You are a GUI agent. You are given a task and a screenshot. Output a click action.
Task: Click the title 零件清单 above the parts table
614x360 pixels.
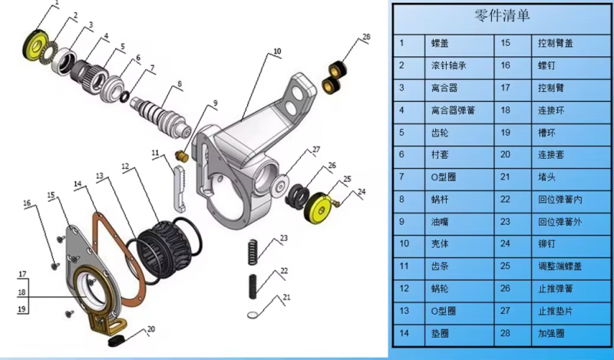pos(502,15)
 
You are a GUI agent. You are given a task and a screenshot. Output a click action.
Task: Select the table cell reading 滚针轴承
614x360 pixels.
pos(449,65)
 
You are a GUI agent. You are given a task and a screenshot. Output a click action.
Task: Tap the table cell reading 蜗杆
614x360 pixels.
pos(440,200)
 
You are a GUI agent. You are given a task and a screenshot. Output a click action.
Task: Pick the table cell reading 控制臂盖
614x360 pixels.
pos(555,43)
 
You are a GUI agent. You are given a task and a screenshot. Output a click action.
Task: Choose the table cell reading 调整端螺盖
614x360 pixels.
pos(560,266)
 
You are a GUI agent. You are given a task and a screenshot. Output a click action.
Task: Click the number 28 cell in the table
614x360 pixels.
pos(505,333)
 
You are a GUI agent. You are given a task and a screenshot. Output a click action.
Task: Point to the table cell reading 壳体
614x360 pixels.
pos(440,243)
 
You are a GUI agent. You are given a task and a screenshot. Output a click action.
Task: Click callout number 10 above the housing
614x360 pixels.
pos(277,51)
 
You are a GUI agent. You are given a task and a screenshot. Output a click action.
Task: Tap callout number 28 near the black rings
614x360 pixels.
pos(366,37)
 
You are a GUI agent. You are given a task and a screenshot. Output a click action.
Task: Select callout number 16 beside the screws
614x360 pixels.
pos(27,203)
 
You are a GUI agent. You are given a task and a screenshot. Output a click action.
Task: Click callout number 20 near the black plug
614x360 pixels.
pos(150,329)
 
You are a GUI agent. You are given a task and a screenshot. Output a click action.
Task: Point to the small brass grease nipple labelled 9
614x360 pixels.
pos(182,157)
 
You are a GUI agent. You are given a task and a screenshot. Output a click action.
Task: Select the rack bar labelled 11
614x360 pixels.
pos(178,189)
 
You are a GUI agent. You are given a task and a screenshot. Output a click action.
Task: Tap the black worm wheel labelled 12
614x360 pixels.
pos(166,246)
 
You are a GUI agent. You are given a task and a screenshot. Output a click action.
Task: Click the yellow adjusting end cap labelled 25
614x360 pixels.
pos(319,207)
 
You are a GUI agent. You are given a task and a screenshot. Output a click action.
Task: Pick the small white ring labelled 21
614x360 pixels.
pos(253,314)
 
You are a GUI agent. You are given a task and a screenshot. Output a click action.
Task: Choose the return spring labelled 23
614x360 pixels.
pos(253,252)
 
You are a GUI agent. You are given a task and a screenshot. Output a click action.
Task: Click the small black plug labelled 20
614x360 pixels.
pos(116,341)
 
